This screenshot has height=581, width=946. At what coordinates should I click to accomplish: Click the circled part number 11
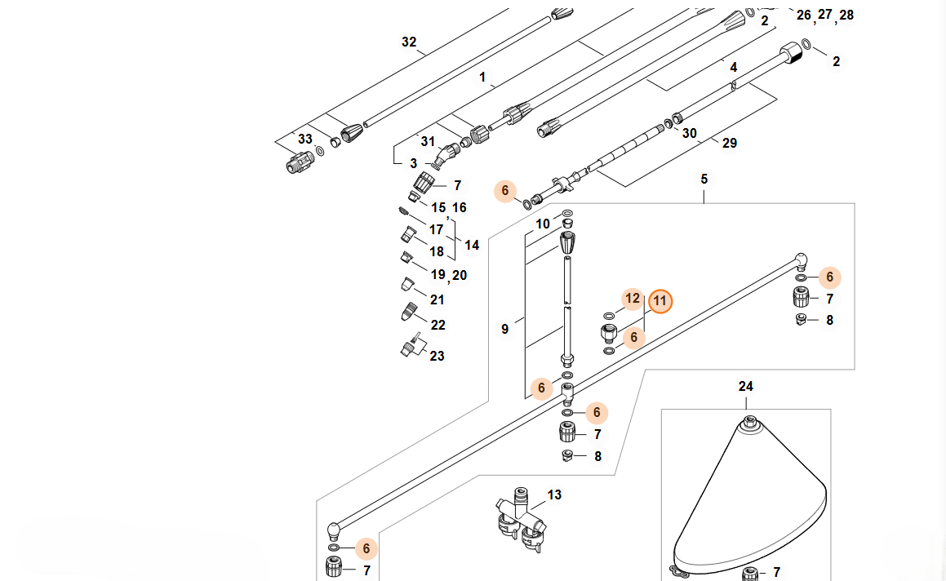(x=660, y=301)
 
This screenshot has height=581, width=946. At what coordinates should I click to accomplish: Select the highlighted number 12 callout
(x=633, y=299)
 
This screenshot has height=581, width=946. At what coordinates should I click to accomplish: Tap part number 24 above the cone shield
(x=746, y=386)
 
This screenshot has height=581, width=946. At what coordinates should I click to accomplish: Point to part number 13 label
(x=554, y=495)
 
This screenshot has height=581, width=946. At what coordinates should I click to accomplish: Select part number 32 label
(x=409, y=42)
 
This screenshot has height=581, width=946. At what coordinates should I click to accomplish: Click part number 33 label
(x=304, y=139)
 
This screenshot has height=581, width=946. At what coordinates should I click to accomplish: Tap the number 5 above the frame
(x=704, y=179)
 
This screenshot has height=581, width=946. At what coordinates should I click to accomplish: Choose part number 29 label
(x=729, y=143)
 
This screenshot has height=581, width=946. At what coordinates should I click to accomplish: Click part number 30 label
(x=689, y=133)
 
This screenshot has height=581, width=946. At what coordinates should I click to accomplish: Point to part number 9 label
(x=504, y=329)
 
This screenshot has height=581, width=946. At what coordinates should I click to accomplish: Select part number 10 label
(x=543, y=224)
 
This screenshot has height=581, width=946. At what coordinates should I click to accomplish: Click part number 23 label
(x=437, y=356)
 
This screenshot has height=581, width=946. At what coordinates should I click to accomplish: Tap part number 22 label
(x=437, y=325)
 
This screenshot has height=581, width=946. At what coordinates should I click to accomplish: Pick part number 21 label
(x=437, y=299)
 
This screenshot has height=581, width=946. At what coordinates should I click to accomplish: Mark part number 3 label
(x=413, y=163)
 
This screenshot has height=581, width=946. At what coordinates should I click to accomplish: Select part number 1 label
(x=482, y=78)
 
